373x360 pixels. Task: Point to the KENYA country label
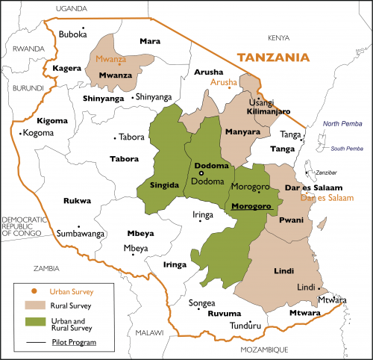278,37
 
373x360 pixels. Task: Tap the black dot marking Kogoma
21,134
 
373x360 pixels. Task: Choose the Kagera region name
67,68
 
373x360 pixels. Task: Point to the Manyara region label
243,132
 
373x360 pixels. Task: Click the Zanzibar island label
330,173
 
